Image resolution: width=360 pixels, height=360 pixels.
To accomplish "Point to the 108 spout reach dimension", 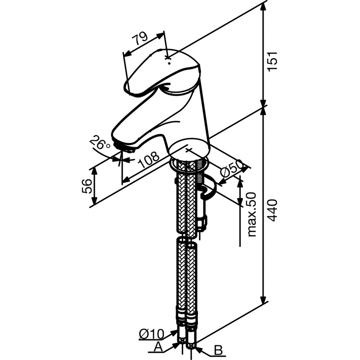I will click(149, 160).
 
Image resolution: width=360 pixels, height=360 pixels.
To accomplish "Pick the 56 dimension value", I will click(88, 185).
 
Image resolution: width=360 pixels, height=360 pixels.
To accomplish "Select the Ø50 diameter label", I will click(234, 168).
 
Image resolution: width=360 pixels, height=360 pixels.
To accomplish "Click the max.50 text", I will click(252, 214).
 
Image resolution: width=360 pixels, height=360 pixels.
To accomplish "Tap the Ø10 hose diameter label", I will click(151, 334).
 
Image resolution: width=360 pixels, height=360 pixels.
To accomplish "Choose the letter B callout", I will click(217, 350).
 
